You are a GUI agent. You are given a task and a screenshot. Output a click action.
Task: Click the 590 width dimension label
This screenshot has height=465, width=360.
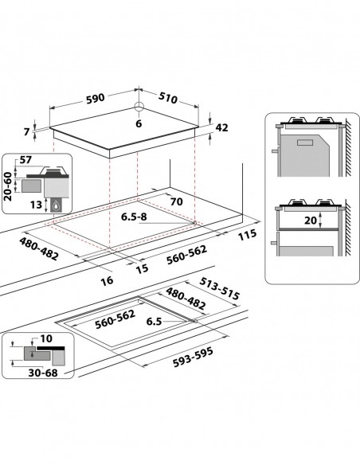[x=96, y=99]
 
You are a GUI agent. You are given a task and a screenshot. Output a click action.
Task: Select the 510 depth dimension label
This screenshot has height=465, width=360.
[x=168, y=98]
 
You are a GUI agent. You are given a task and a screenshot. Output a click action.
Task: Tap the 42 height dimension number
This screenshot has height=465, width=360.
[x=221, y=128]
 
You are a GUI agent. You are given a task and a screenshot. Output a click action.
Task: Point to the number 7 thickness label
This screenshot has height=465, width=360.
[x=27, y=131]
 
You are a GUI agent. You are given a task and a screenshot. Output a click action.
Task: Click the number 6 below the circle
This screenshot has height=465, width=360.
[x=139, y=123]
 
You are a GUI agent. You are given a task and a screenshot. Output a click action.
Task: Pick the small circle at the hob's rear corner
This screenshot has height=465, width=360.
[x=139, y=106]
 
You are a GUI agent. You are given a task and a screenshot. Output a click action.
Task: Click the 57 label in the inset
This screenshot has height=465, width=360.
[x=25, y=160]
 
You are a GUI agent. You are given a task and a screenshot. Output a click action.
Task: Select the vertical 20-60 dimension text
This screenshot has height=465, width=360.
[x=8, y=186]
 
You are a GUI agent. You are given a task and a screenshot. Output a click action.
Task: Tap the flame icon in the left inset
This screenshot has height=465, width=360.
[x=56, y=205]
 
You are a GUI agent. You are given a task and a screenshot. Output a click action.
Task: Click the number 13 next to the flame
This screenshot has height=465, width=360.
[x=36, y=205]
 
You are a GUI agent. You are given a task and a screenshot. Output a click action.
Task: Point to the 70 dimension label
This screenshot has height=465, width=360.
[x=177, y=202]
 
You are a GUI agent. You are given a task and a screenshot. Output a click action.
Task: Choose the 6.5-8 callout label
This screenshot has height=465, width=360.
[x=134, y=217]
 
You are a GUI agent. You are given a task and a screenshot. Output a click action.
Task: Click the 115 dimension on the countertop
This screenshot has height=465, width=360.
[x=247, y=235]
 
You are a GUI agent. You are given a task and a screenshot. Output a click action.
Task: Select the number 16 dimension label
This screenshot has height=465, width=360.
[x=107, y=280]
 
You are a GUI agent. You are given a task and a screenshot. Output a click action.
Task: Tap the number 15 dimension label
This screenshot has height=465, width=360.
[x=142, y=268]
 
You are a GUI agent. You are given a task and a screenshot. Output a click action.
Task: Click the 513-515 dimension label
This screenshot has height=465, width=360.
[x=219, y=288]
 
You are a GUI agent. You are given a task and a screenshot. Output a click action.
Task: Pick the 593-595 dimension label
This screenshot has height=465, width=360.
[x=193, y=357]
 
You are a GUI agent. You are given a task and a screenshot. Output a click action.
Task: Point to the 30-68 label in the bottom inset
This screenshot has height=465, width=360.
[x=43, y=373]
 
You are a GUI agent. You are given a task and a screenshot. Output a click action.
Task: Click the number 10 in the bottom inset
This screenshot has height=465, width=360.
[x=46, y=338]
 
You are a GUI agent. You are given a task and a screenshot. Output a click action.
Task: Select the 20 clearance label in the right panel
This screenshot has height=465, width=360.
[x=310, y=221]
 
